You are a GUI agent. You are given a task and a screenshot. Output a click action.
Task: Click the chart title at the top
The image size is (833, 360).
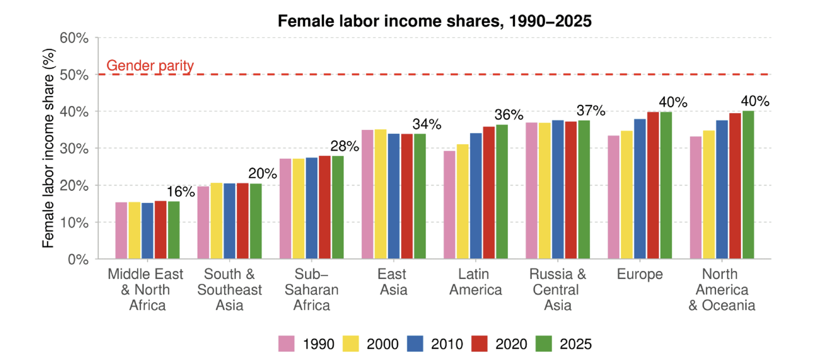click(x=434, y=21)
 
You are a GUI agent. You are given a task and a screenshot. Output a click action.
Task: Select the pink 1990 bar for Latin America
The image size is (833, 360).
click(x=449, y=205)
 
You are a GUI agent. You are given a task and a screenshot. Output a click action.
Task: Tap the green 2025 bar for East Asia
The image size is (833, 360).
click(x=420, y=196)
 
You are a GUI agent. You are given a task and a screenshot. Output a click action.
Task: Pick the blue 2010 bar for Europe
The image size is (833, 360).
click(x=640, y=189)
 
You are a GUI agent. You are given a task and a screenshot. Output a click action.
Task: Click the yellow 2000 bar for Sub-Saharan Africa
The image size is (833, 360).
click(x=298, y=208)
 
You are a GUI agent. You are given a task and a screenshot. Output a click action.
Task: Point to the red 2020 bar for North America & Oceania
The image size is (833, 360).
click(x=735, y=186)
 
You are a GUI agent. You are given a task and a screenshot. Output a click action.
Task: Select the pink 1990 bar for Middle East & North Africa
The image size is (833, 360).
click(x=121, y=230)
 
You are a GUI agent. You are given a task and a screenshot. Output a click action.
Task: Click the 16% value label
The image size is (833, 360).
click(x=181, y=192)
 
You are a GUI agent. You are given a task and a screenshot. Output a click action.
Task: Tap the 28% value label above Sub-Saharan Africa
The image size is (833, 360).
click(x=344, y=146)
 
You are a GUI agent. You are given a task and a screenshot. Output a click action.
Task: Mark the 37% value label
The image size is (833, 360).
click(x=591, y=110)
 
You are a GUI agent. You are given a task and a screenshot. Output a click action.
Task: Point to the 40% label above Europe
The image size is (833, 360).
click(x=673, y=102)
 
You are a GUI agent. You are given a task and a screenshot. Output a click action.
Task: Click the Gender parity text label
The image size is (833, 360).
click(x=150, y=65)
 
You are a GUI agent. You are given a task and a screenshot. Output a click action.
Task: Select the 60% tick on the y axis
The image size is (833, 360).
click(x=74, y=38)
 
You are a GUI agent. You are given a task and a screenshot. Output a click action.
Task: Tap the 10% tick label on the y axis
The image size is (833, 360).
click(x=74, y=222)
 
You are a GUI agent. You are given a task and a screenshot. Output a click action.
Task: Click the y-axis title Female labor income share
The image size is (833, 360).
click(x=48, y=148)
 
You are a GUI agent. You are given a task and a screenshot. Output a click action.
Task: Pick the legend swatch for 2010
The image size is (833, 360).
click(x=415, y=344)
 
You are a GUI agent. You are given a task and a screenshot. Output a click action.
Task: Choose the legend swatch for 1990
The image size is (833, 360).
click(x=286, y=344)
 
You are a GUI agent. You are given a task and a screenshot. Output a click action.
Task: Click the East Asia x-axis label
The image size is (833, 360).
click(x=392, y=282)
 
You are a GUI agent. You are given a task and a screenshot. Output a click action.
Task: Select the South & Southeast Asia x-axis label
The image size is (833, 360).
click(x=229, y=290)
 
